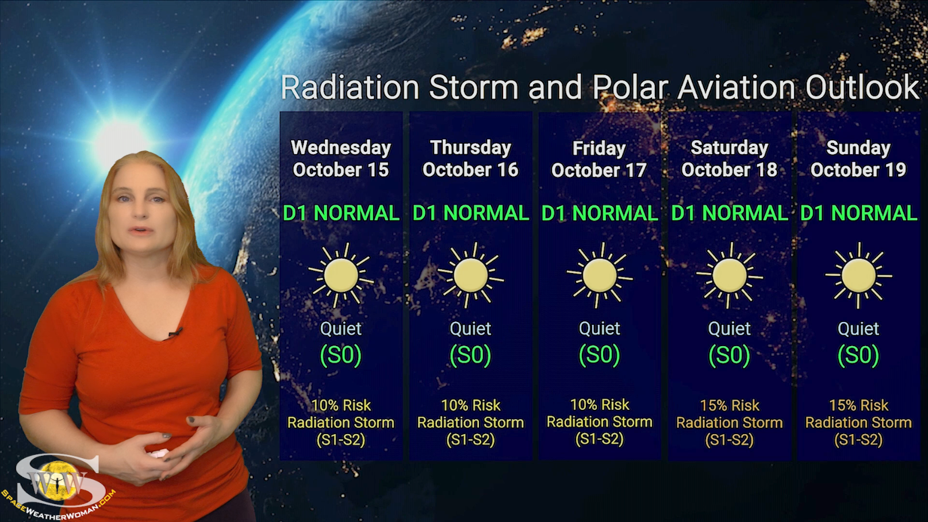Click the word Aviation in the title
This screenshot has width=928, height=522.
point(737,87)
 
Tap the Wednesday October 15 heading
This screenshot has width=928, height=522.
point(341,159)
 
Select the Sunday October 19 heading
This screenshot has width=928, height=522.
point(858,159)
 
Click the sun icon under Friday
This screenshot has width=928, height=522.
point(600,275)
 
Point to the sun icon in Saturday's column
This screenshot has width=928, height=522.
point(729,275)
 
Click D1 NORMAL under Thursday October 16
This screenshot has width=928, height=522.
point(471,213)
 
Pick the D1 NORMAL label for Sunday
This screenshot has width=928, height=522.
point(858,213)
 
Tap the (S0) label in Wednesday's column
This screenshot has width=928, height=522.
point(341,355)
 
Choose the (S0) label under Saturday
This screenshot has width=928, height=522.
point(729,355)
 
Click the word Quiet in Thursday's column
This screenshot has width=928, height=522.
point(471,329)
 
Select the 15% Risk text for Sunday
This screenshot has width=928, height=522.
point(858,405)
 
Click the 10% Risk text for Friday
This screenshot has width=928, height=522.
point(600,404)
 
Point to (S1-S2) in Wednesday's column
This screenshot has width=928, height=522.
point(341,440)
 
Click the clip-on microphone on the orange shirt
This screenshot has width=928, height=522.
point(175,333)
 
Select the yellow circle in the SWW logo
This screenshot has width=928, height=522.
point(58,481)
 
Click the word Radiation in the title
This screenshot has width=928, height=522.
point(350,87)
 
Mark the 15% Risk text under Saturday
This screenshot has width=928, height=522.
point(729,405)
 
